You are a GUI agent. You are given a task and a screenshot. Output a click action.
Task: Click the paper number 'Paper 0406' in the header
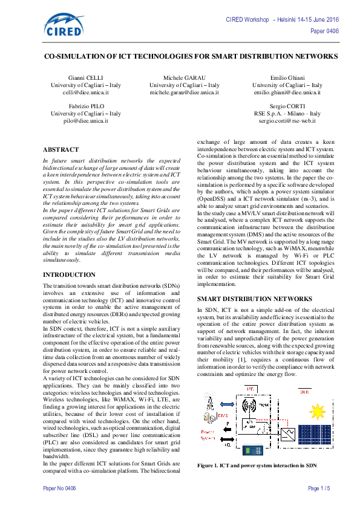click(x=324, y=31)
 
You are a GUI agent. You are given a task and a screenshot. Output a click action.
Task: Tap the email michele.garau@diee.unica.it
click(x=184, y=93)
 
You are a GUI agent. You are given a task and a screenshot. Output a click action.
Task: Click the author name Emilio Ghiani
click(x=287, y=79)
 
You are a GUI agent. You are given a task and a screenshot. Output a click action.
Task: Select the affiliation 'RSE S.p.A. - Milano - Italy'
click(x=287, y=114)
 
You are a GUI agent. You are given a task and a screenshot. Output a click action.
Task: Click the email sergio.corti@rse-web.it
click(x=287, y=121)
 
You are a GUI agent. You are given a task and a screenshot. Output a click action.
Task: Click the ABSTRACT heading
click(x=61, y=149)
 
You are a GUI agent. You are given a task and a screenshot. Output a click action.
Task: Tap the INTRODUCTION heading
click(x=69, y=274)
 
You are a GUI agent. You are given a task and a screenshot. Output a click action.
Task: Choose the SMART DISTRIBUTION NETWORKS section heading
click(x=255, y=299)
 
